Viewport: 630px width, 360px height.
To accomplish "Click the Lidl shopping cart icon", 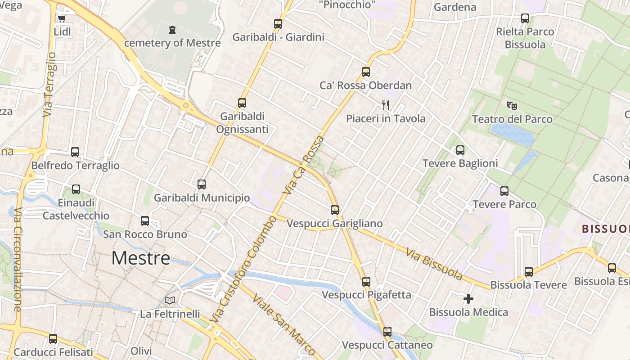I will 62,18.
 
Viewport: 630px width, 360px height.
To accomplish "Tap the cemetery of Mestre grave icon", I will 172,30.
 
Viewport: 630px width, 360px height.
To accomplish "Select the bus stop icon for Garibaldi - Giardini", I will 278,24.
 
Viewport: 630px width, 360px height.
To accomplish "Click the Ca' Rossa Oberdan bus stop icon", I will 365,72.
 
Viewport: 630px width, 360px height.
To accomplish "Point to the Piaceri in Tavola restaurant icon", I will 386,105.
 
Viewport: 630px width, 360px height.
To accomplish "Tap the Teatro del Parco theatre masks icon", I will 512,106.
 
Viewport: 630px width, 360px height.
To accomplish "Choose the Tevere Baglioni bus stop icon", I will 460,150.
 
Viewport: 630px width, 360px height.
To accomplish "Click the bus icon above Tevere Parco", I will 504,191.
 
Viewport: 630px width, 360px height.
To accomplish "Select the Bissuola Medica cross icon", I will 468,299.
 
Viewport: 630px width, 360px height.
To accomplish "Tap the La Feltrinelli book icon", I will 170,301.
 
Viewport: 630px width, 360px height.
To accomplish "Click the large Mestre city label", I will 141,258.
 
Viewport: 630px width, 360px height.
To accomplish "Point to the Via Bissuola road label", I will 434,264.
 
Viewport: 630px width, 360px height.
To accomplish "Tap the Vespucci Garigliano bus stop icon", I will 334,210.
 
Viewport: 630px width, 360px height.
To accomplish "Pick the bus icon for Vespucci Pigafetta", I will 366,282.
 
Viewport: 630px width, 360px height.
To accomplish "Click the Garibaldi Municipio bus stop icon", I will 202,184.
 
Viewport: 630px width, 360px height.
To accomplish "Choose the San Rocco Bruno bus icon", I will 145,221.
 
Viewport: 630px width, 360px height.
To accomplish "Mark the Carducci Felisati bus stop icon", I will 53,339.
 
